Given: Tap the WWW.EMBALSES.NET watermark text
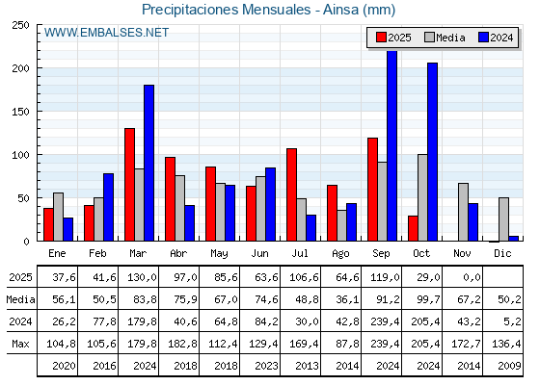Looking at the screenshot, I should click(106, 33).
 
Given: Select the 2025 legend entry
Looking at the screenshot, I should click(393, 38).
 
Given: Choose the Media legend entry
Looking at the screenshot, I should click(445, 38).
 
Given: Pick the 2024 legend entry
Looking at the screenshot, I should click(496, 38).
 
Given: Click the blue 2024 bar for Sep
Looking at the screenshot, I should click(391, 145).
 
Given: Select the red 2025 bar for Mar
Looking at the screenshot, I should click(129, 185).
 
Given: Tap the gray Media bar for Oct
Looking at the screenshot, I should click(422, 197).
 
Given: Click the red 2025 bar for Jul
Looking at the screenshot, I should click(291, 194).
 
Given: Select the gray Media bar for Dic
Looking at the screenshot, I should click(503, 219).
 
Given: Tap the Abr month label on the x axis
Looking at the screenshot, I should click(179, 253).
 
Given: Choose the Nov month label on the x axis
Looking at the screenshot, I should click(463, 253).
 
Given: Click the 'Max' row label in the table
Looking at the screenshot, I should click(19, 344).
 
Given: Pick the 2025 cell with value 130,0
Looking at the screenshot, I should click(139, 277).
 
